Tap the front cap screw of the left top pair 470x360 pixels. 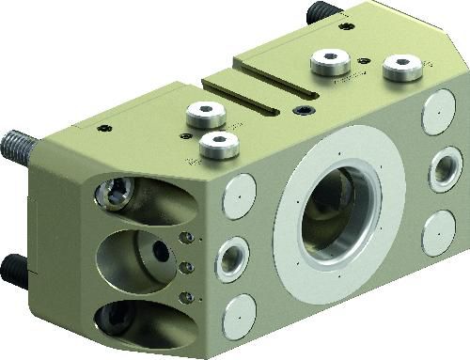(218, 145)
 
